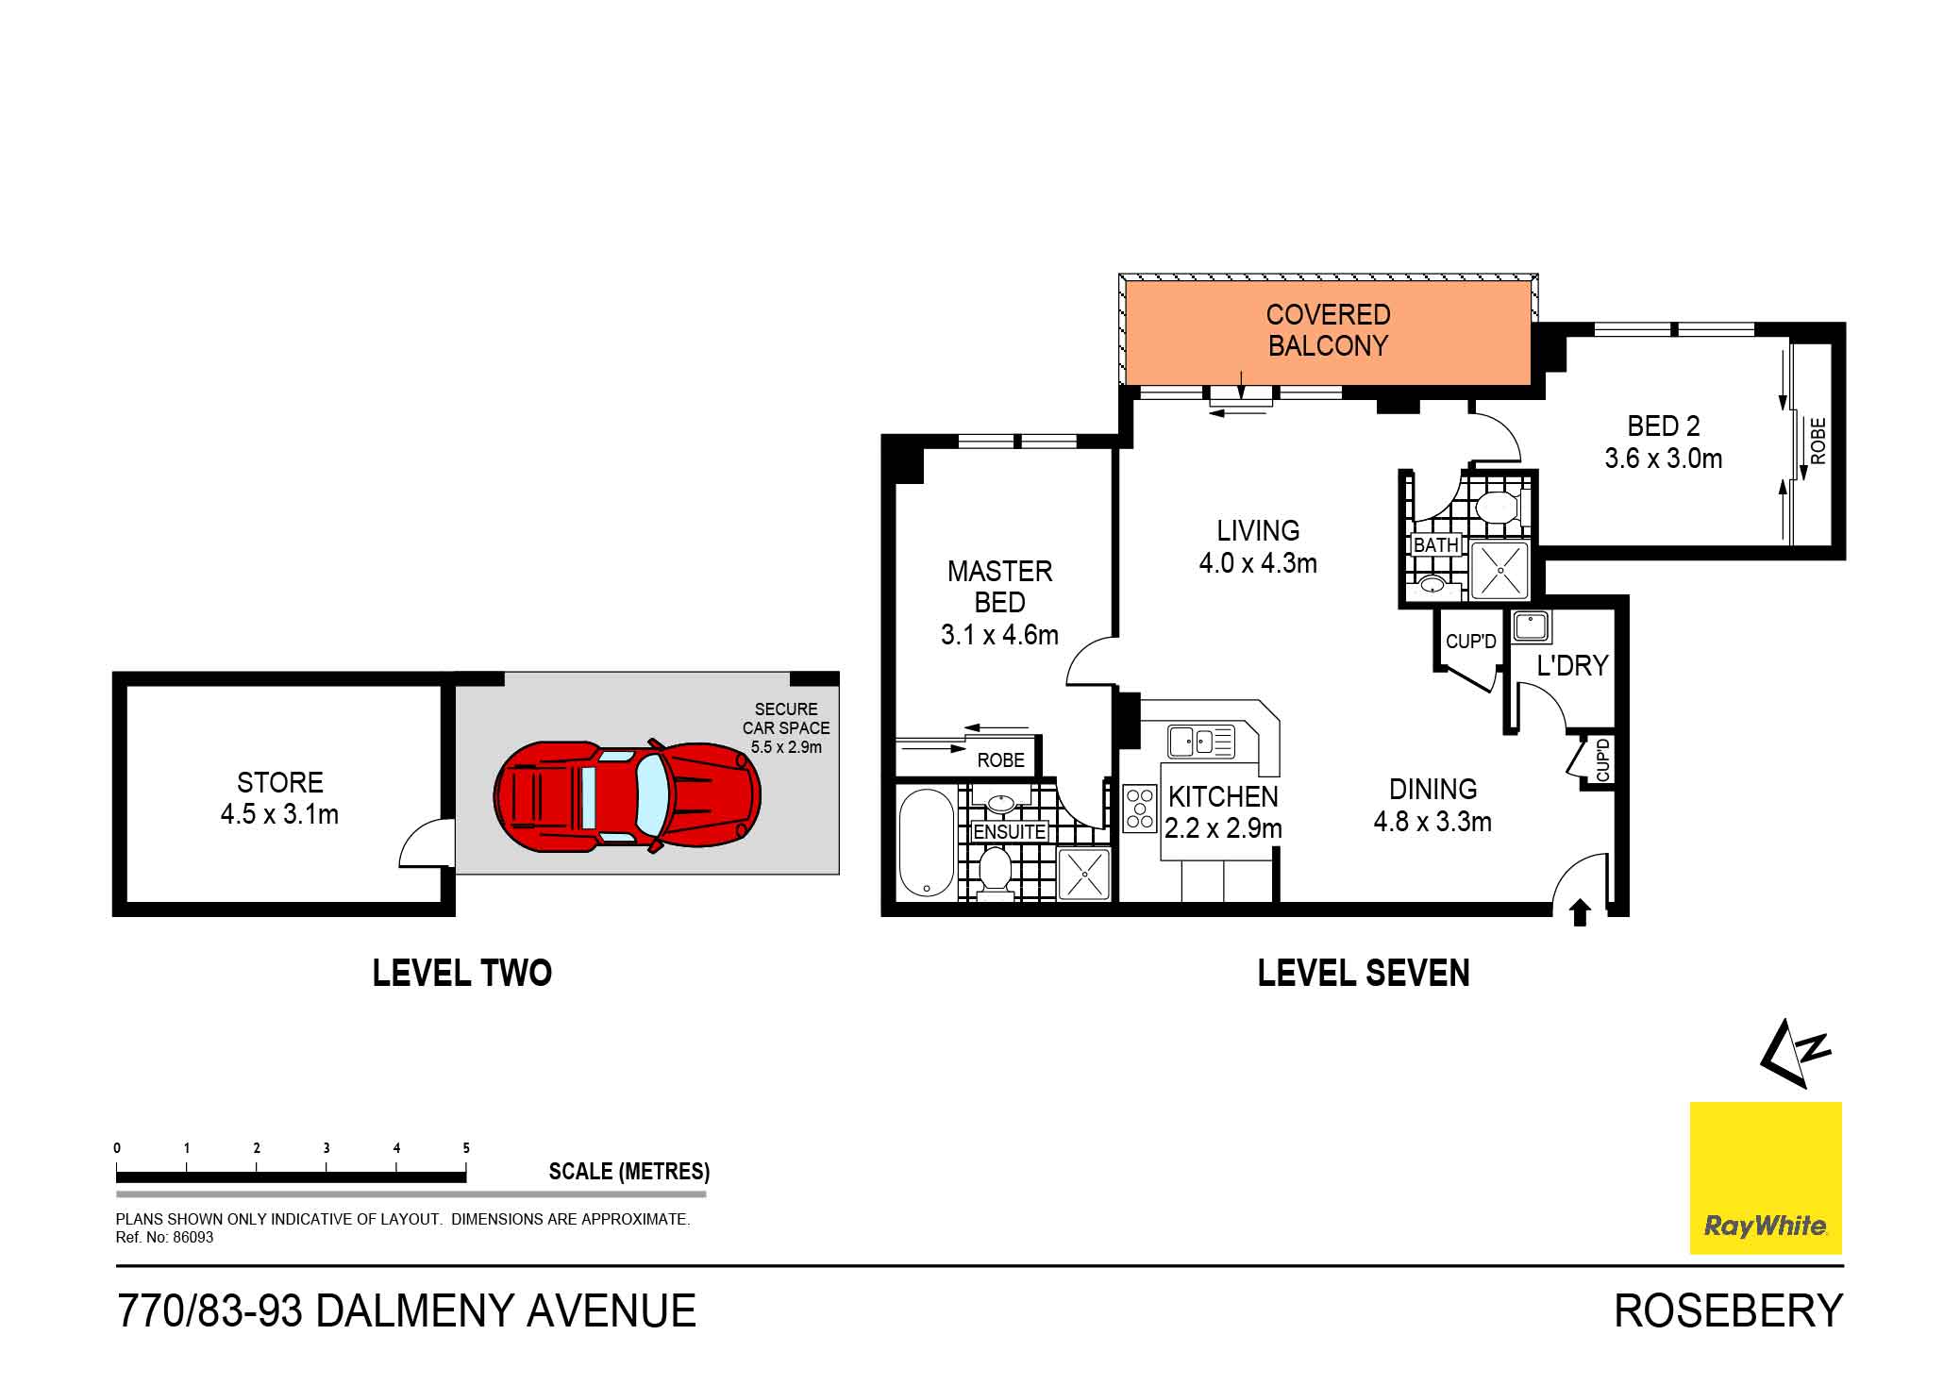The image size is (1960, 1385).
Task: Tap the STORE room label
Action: point(279,783)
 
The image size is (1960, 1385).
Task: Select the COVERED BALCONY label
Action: point(1327,330)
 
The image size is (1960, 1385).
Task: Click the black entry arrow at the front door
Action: point(1580,912)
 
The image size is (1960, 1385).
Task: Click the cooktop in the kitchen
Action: point(1140,809)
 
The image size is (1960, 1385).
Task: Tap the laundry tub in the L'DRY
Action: point(1530,626)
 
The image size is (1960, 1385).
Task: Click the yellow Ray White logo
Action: point(1765,1177)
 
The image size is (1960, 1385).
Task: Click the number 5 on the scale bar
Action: point(466,1148)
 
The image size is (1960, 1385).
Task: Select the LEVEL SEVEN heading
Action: point(1363,973)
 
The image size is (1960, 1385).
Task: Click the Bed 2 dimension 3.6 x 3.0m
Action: point(1663,459)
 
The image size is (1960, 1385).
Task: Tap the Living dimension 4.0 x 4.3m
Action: point(1257,564)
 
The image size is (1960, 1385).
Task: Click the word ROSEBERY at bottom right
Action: point(1727,1311)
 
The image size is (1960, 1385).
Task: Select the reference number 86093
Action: point(193,1238)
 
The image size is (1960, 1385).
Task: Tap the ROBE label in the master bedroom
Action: point(1000,760)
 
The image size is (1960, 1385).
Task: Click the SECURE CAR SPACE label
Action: point(785,719)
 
